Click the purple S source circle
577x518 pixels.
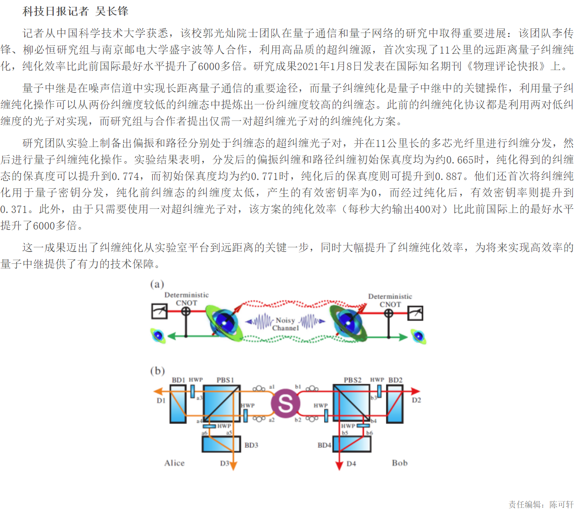(286, 403)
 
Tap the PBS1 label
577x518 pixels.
(225, 380)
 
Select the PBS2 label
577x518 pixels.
(352, 380)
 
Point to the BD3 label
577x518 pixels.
(251, 445)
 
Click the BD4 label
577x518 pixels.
(324, 445)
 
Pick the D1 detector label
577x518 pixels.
(161, 400)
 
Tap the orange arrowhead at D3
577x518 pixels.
(233, 466)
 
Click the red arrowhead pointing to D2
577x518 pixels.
(415, 391)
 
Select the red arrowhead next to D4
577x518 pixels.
(339, 466)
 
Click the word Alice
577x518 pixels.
(175, 463)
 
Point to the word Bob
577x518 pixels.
(400, 463)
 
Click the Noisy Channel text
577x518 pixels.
(286, 324)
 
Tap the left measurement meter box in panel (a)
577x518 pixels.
(159, 311)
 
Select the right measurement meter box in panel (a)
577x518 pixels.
(415, 313)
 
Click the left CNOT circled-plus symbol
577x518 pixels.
(186, 311)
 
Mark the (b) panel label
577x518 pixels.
(157, 371)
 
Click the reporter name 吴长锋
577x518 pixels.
(112, 11)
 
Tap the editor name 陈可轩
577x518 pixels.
(561, 504)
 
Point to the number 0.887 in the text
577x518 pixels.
(448, 176)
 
